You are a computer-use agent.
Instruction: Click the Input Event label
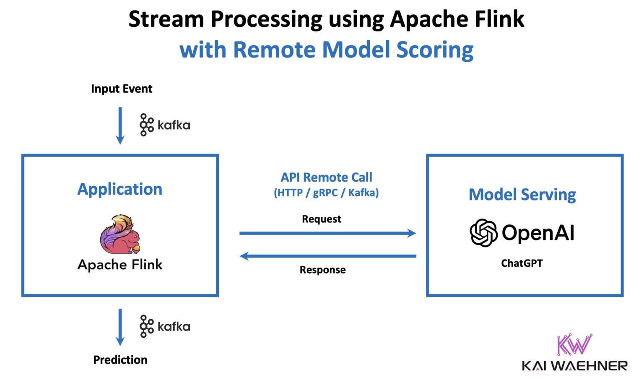pyautogui.click(x=122, y=89)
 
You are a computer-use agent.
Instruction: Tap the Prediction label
pyautogui.click(x=120, y=360)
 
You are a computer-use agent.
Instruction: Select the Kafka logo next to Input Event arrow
pyautogui.click(x=165, y=125)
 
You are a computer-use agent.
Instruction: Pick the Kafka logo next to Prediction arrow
pyautogui.click(x=165, y=326)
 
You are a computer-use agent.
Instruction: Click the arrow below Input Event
pyautogui.click(x=120, y=125)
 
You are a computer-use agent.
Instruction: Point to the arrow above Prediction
pyautogui.click(x=120, y=327)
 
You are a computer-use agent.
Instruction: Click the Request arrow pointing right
pyautogui.click(x=327, y=233)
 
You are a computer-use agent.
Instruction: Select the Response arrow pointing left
pyautogui.click(x=327, y=256)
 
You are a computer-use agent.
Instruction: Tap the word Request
pyautogui.click(x=322, y=219)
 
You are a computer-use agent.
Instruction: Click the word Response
pyautogui.click(x=322, y=270)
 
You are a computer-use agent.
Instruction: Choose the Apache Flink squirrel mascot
pyautogui.click(x=120, y=234)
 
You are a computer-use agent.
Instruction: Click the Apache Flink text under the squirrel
pyautogui.click(x=120, y=265)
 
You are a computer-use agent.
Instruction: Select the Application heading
pyautogui.click(x=120, y=189)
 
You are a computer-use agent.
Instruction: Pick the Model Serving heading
pyautogui.click(x=522, y=195)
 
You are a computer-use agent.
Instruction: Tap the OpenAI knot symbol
pyautogui.click(x=483, y=233)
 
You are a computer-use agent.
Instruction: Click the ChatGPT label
pyautogui.click(x=522, y=263)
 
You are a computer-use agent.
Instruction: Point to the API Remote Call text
pyautogui.click(x=326, y=177)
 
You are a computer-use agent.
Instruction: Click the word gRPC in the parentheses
pyautogui.click(x=325, y=193)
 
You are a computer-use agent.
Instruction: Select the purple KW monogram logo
pyautogui.click(x=574, y=344)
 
